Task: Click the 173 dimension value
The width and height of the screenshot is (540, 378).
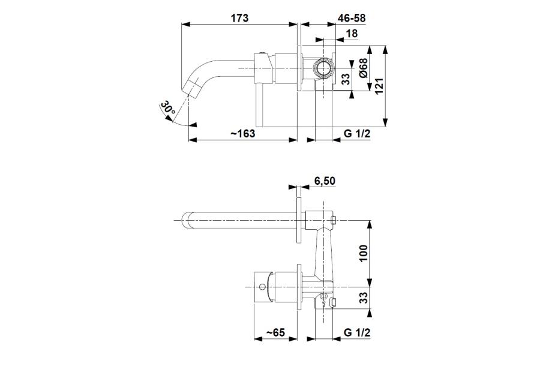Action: tap(239, 17)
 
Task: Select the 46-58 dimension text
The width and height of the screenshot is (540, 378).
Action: tap(351, 17)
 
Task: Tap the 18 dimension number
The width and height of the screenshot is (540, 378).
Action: tap(352, 34)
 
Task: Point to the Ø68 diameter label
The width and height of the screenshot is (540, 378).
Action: tap(362, 68)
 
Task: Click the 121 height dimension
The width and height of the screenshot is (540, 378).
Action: tap(379, 86)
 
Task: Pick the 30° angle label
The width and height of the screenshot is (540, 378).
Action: tap(169, 108)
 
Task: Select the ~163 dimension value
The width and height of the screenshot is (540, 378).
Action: tap(243, 133)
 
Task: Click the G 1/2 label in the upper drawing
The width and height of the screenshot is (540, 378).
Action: tap(357, 133)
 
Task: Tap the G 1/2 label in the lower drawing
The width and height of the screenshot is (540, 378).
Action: tap(357, 332)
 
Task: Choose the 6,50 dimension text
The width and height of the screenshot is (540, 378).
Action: tap(325, 181)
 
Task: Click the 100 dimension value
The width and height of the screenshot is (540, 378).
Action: tap(363, 253)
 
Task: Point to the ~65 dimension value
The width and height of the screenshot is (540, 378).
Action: tap(275, 332)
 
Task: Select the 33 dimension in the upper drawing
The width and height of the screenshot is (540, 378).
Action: tap(345, 79)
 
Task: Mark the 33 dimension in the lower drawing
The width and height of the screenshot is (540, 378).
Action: tap(363, 298)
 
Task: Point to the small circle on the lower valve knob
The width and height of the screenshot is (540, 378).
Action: tap(262, 287)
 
